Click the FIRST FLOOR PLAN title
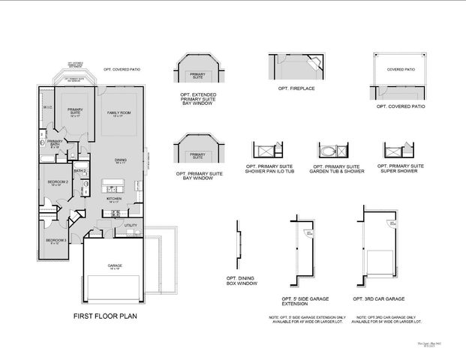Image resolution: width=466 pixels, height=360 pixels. pyautogui.click(x=104, y=316)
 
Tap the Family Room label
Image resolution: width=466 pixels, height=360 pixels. pyautogui.click(x=117, y=112)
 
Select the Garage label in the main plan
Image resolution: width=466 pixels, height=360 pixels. pyautogui.click(x=115, y=265)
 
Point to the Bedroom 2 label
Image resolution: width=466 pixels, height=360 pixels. pyautogui.click(x=58, y=182)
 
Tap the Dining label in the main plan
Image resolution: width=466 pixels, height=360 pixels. pyautogui.click(x=119, y=160)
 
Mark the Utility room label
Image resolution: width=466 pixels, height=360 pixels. pyautogui.click(x=131, y=225)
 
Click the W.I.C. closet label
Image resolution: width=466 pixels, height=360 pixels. pyautogui.click(x=47, y=107)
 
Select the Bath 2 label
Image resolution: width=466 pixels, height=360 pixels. pyautogui.click(x=80, y=171)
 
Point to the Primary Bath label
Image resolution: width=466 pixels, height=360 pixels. pyautogui.click(x=55, y=142)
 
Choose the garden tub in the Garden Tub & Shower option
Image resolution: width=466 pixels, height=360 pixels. pyautogui.click(x=328, y=150)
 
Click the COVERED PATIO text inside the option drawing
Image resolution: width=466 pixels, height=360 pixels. pyautogui.click(x=399, y=69)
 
